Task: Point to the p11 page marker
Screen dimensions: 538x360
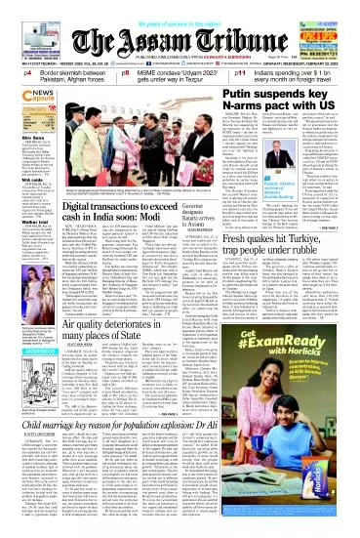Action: click(x=245, y=72)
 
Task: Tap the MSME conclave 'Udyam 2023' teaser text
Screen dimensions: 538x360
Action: click(x=182, y=76)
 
